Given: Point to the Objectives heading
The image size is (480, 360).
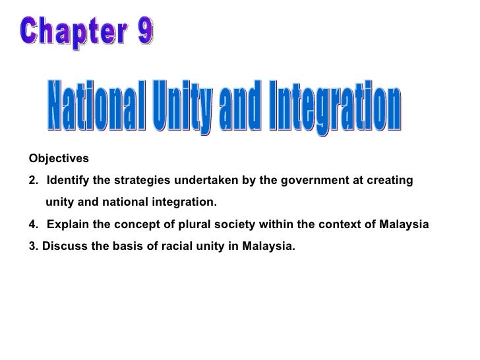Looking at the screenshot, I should pyautogui.click(x=58, y=159).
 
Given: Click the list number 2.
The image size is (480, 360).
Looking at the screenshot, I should pyautogui.click(x=34, y=181).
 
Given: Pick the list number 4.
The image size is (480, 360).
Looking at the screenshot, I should pyautogui.click(x=34, y=224).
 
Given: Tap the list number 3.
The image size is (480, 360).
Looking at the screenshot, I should pyautogui.click(x=34, y=247).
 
